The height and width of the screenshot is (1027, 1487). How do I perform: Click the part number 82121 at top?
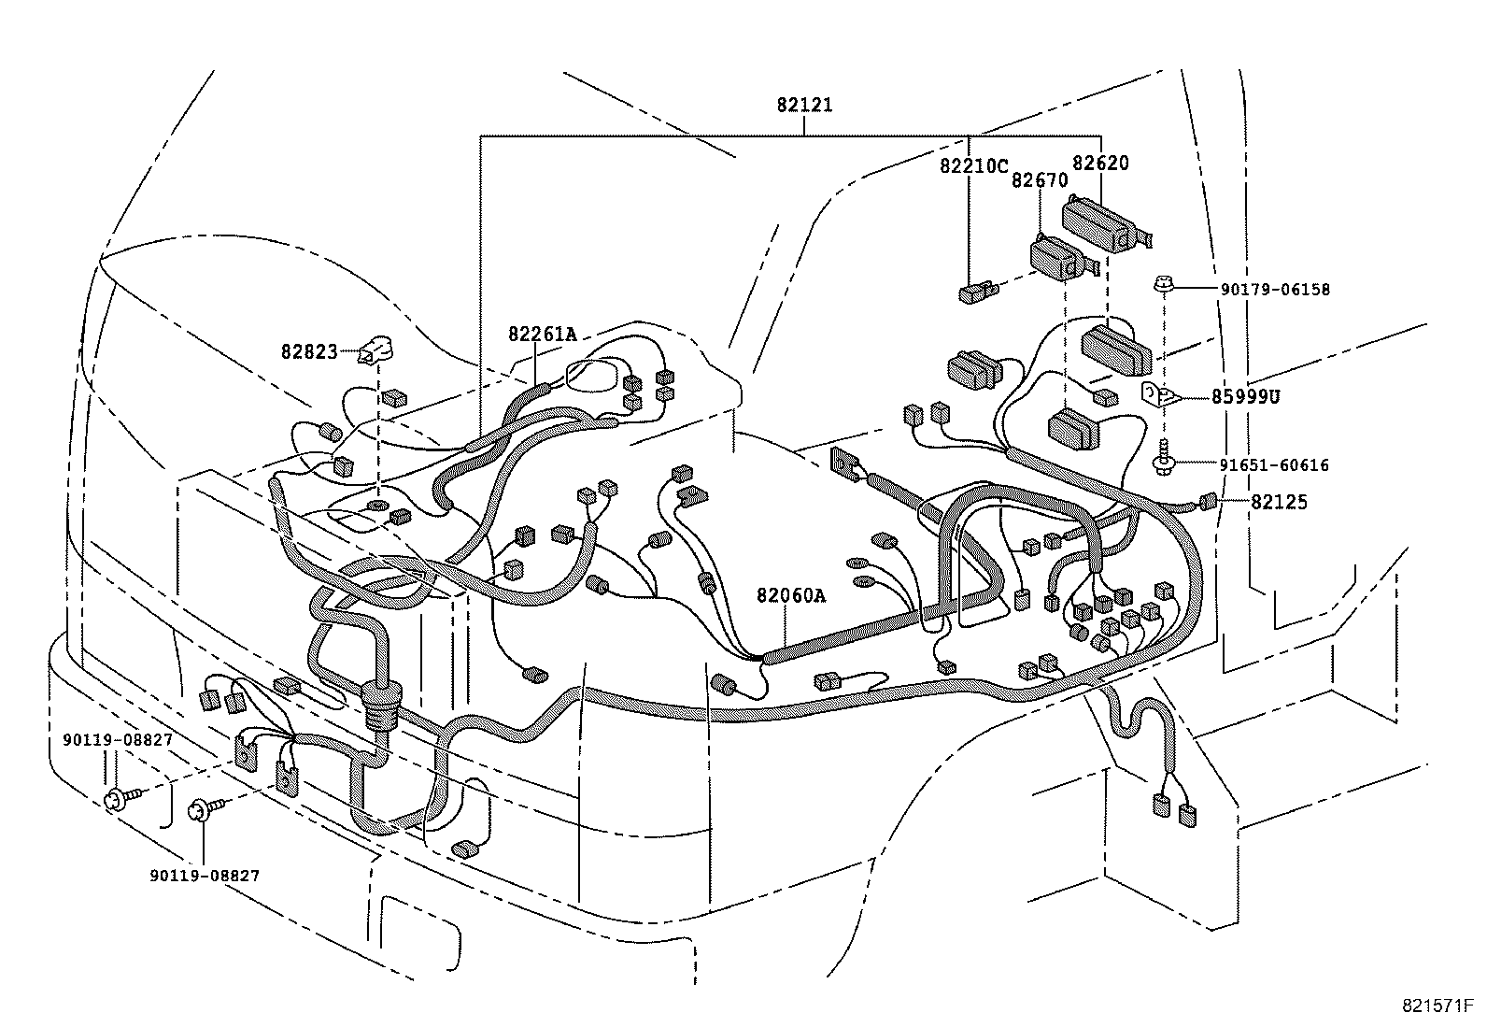coord(803,106)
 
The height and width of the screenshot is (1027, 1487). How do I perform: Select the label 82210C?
coord(973,166)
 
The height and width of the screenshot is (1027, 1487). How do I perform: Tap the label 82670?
coord(1039,180)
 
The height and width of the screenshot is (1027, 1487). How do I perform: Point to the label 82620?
coord(1099,164)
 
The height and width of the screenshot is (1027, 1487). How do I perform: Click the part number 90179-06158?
coord(1274,290)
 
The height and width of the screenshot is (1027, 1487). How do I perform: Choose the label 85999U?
coord(1245,397)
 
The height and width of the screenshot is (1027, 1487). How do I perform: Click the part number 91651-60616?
coord(1274,464)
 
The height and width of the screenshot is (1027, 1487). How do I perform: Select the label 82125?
coord(1279,502)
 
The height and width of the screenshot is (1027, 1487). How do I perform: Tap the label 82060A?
coord(790,594)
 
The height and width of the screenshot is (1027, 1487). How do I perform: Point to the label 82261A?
coord(542,334)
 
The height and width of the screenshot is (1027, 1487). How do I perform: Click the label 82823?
coord(308,351)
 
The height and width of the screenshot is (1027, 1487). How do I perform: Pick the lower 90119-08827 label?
coord(204,876)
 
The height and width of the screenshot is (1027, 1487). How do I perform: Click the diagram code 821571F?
coord(1437,1006)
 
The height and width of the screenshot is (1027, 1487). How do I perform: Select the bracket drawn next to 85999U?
coord(1159,394)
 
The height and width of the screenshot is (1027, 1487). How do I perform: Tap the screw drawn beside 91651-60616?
coord(1163,455)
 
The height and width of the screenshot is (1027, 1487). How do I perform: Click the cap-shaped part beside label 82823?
coord(376,349)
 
